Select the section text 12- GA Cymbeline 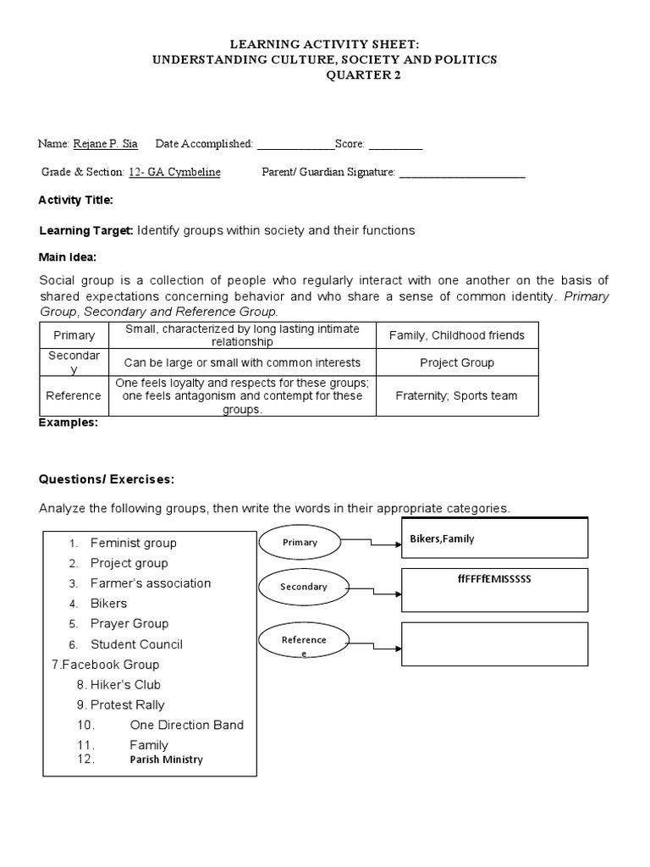(174, 173)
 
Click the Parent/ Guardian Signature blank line (461, 174)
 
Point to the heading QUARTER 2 (364, 75)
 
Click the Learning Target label (86, 230)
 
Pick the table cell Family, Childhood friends (456, 335)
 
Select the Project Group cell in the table (456, 362)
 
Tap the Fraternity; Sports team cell (456, 395)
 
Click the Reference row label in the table (74, 395)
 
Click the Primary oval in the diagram (300, 542)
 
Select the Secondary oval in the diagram (303, 587)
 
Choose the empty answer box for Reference (494, 644)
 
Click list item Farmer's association (151, 583)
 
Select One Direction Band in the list (186, 725)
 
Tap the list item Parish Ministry (166, 759)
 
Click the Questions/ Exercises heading (107, 479)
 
